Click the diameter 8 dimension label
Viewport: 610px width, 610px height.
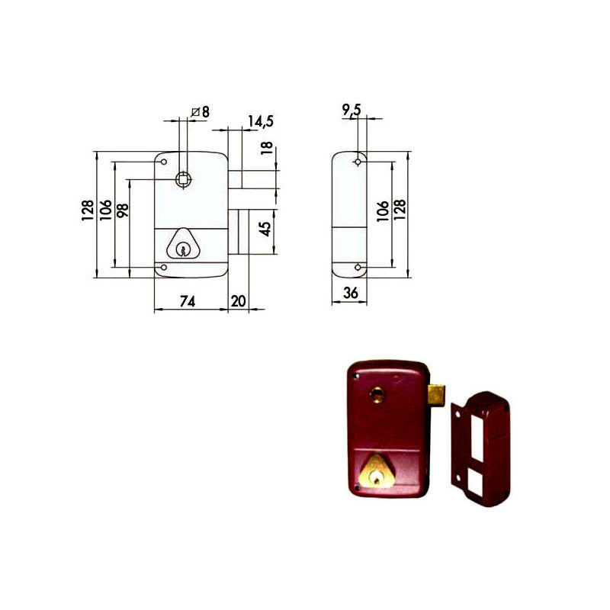tap(200, 112)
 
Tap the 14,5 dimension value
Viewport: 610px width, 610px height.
tap(261, 120)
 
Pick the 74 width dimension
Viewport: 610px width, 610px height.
tap(187, 301)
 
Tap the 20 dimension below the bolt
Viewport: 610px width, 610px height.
tap(238, 301)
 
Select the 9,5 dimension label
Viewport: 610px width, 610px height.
tap(352, 111)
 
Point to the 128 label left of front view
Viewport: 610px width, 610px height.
tap(89, 210)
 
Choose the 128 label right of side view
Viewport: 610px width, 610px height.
tap(400, 210)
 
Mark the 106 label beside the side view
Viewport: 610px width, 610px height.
tap(383, 210)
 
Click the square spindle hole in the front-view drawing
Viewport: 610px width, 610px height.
tap(184, 178)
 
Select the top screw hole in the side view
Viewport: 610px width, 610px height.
tap(358, 162)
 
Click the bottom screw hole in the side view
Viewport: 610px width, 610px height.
tap(358, 267)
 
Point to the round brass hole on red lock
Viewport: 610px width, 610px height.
tap(377, 393)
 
